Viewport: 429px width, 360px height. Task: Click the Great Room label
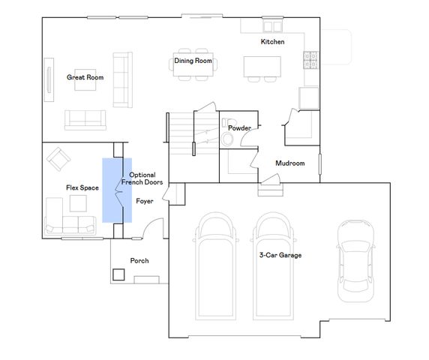click(85, 77)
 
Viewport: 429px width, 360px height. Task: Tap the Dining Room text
click(193, 61)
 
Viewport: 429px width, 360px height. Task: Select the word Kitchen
click(272, 42)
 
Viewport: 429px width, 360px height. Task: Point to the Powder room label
click(238, 128)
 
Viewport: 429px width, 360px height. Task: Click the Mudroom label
click(289, 163)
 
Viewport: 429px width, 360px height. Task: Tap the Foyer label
click(145, 201)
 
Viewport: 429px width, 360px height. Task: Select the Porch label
click(139, 261)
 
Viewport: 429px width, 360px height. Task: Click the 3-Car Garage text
click(280, 255)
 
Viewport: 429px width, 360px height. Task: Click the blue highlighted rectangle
click(116, 190)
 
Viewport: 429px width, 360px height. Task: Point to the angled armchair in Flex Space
click(58, 158)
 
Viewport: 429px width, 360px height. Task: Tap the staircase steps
click(180, 135)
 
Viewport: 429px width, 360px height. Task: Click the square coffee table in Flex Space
click(79, 204)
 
